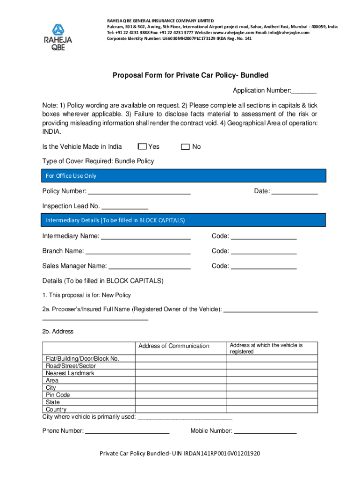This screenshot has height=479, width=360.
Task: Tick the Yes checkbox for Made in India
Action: tap(143, 147)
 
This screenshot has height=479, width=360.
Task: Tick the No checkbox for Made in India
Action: tap(185, 147)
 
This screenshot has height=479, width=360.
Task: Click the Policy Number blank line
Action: tap(139, 192)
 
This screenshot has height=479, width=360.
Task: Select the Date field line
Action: tap(295, 192)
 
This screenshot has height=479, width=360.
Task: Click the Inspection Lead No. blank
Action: tap(125, 207)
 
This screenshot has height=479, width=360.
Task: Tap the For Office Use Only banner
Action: tap(184, 176)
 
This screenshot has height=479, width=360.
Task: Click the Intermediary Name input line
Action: tap(146, 237)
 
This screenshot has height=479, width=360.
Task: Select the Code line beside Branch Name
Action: tap(264, 252)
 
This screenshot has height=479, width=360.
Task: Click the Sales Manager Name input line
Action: tap(149, 267)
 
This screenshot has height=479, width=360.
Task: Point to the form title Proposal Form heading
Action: tap(190, 75)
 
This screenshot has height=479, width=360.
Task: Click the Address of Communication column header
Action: tap(174, 346)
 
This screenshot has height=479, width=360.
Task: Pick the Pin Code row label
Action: tap(58, 395)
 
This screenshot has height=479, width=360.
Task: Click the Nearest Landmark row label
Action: tap(70, 373)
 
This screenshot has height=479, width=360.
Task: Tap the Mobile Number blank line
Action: tap(265, 431)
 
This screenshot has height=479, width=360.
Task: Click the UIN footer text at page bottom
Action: tap(180, 454)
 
